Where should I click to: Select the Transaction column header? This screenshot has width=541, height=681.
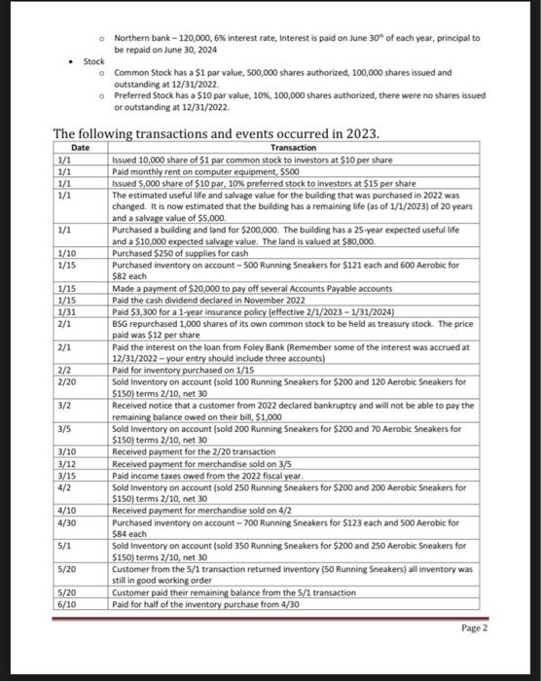pyautogui.click(x=292, y=147)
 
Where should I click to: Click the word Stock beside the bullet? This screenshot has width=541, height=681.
pyautogui.click(x=94, y=60)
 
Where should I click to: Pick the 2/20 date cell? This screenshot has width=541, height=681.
pyautogui.click(x=66, y=383)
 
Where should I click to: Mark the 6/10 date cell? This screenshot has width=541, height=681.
pyautogui.click(x=66, y=604)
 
